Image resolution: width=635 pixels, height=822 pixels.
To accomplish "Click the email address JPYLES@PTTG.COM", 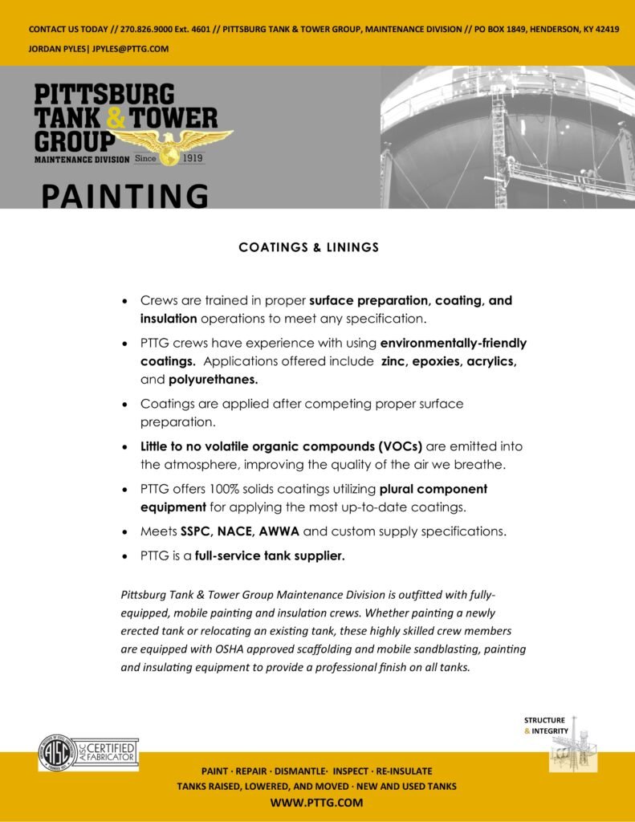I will (130, 49).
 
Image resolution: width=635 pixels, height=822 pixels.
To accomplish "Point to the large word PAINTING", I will (124, 196).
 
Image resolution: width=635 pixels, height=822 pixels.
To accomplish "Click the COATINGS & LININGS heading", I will (308, 247).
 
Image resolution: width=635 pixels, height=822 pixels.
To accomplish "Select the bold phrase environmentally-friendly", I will (453, 343).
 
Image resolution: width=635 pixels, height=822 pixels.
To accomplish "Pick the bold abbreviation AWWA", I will (279, 531).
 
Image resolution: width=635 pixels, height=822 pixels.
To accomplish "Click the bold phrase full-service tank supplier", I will (270, 555).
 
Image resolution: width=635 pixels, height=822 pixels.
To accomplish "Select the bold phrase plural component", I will (434, 488).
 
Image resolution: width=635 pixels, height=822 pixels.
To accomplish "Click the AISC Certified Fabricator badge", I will (89, 753).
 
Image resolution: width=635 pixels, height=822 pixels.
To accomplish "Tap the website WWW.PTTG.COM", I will (316, 802).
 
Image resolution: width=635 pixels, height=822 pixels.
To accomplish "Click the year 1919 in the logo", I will (193, 159).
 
